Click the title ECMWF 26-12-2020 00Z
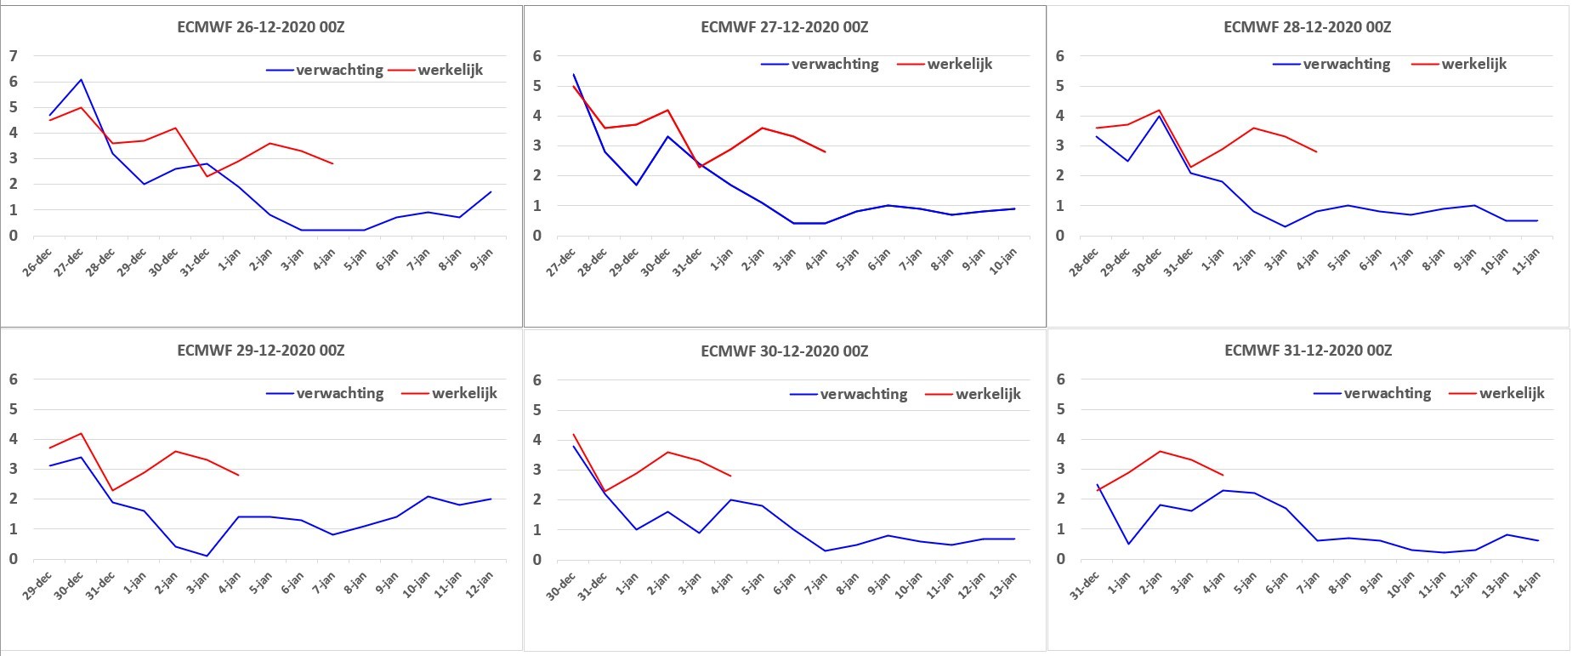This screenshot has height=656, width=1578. pyautogui.click(x=261, y=27)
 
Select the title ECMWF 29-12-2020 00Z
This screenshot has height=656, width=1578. pyautogui.click(x=261, y=351)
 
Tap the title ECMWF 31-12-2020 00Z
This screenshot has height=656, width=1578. pyautogui.click(x=1308, y=351)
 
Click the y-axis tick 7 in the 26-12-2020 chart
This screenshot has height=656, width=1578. pyautogui.click(x=13, y=56)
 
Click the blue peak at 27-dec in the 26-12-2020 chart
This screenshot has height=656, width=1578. pyautogui.click(x=81, y=80)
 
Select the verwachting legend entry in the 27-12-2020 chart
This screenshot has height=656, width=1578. pyautogui.click(x=820, y=64)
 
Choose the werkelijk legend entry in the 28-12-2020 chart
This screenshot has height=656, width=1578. pyautogui.click(x=1459, y=64)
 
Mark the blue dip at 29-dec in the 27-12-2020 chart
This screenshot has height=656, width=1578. pyautogui.click(x=637, y=185)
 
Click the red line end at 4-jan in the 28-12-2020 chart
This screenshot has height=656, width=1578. pyautogui.click(x=1316, y=151)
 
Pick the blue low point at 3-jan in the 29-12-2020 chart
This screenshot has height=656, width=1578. pyautogui.click(x=207, y=556)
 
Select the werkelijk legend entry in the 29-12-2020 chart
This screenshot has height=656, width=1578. pyautogui.click(x=449, y=393)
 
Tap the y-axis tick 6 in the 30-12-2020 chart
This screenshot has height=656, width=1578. pyautogui.click(x=536, y=380)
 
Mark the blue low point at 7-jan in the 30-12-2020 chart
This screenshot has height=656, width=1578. pyautogui.click(x=825, y=550)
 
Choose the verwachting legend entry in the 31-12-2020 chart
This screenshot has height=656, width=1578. pyautogui.click(x=1372, y=393)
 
